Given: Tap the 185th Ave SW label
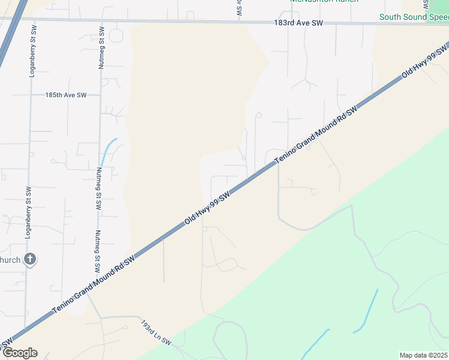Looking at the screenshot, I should pos(66,95).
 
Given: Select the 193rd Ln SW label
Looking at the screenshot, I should pos(156,334).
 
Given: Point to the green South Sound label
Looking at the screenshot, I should pos(414,17).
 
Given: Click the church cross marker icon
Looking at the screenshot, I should pos(30,260).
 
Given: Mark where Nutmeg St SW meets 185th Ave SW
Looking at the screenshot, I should pos(101,95).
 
